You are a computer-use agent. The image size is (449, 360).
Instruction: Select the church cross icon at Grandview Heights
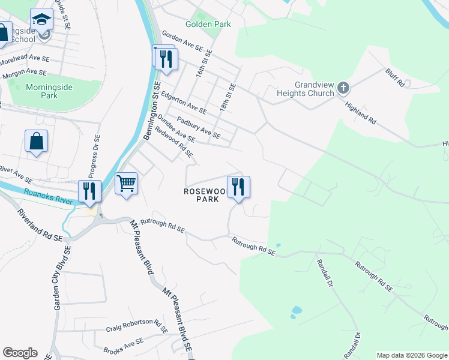pyautogui.click(x=343, y=89)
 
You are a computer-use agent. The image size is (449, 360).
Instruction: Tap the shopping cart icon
pyautogui.click(x=126, y=183)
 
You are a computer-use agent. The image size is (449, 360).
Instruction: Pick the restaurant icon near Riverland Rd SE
pyautogui.click(x=89, y=190)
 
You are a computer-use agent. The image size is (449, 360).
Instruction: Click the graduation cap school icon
pyautogui.click(x=41, y=20)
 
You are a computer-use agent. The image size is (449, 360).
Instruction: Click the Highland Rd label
pyautogui.click(x=360, y=112)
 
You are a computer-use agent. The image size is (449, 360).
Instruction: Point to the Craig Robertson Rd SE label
pyautogui.click(x=136, y=328)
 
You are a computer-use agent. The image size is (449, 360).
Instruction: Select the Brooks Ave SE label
pyautogui.click(x=123, y=346)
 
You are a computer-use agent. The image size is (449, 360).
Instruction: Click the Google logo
pyautogui.click(x=20, y=353)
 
